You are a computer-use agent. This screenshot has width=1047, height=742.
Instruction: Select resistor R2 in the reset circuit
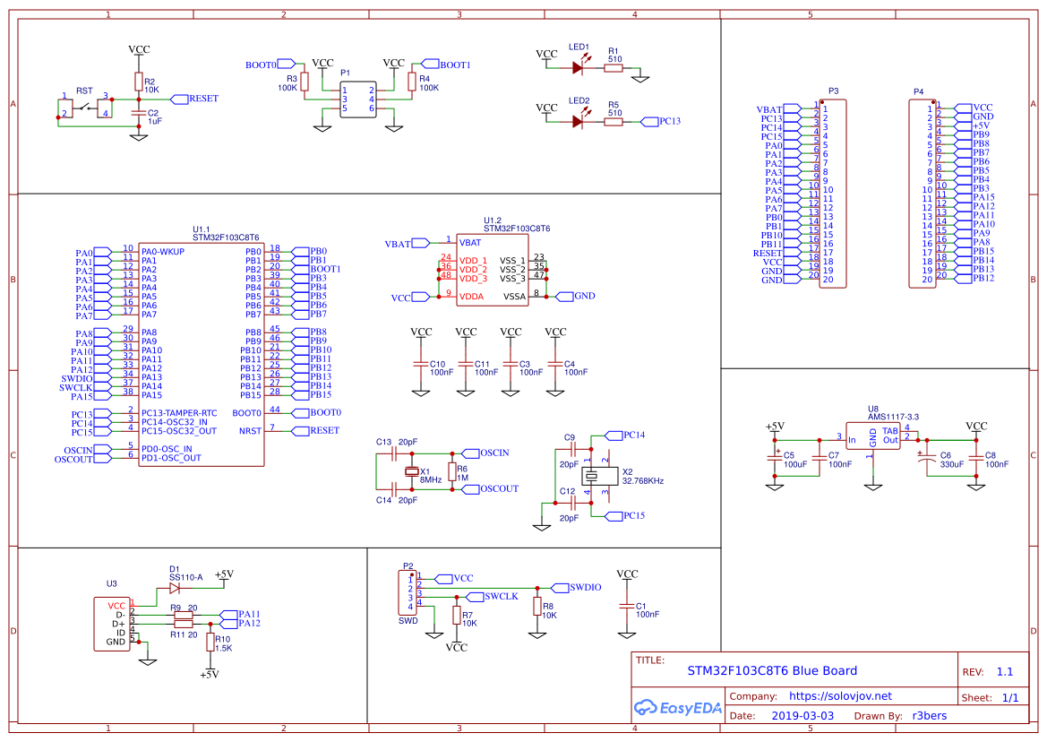(138, 82)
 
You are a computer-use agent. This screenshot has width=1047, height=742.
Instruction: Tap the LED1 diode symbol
(578, 67)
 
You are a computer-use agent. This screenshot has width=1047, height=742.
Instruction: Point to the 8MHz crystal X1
(412, 471)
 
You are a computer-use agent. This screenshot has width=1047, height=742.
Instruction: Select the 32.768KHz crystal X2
(594, 476)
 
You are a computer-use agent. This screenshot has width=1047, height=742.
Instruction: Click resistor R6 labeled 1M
(452, 471)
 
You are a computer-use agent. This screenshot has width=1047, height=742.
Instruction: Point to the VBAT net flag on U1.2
(399, 244)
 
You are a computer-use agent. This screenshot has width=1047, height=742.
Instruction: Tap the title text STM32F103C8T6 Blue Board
(771, 670)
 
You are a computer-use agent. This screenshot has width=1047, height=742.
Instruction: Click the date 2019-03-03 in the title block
(802, 715)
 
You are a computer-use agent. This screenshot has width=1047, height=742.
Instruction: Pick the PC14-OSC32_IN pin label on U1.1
(174, 422)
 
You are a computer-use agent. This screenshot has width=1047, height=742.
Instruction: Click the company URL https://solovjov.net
(839, 695)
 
